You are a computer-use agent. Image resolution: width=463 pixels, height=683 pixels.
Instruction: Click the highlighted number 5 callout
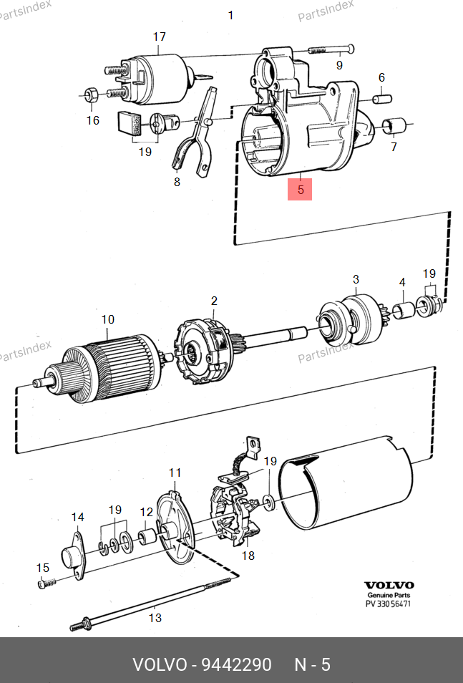(x=300, y=190)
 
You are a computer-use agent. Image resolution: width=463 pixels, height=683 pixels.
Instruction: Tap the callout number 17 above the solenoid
(x=160, y=37)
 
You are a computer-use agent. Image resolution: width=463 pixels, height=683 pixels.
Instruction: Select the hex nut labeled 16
(x=91, y=94)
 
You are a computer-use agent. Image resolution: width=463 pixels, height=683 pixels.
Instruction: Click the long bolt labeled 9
(x=331, y=49)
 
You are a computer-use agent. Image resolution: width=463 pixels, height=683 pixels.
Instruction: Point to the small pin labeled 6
(x=382, y=99)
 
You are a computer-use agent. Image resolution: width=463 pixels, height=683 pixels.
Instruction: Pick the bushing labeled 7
(x=394, y=125)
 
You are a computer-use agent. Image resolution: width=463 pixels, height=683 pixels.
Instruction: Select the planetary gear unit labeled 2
(x=205, y=352)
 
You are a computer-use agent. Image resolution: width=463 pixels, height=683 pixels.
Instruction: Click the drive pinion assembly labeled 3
(x=351, y=320)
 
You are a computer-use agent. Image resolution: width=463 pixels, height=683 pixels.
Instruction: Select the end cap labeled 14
(x=73, y=556)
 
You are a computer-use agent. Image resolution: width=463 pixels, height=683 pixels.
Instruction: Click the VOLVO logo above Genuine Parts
(x=389, y=585)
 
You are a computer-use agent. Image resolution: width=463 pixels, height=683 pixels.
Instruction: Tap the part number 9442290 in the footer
(x=236, y=664)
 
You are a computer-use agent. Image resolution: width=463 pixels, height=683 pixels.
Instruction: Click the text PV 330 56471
(x=388, y=604)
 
